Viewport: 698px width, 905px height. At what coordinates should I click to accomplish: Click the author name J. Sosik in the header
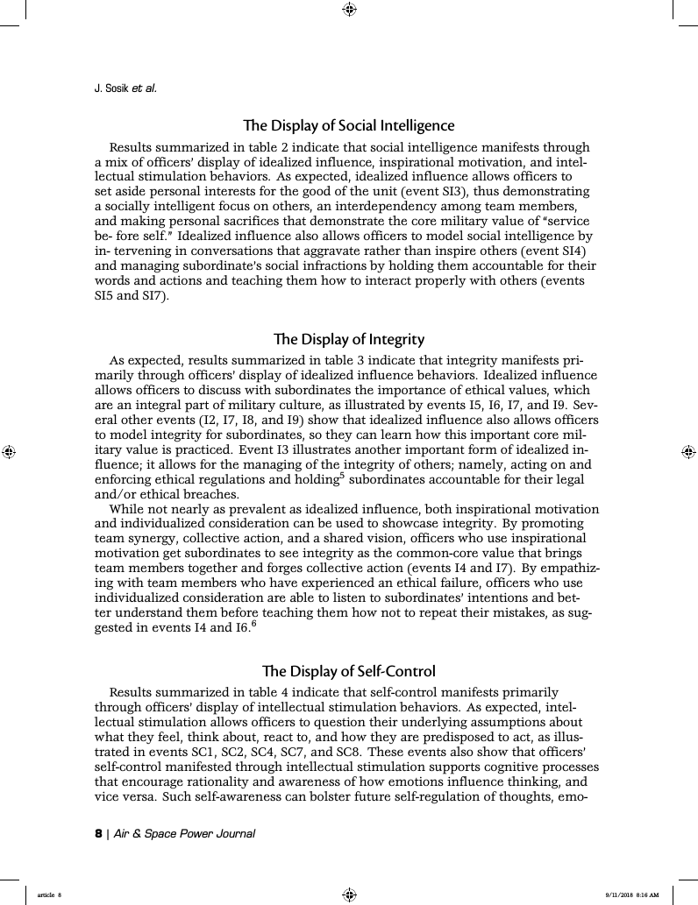(x=110, y=88)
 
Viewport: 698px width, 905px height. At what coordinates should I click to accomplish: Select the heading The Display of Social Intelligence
(x=348, y=125)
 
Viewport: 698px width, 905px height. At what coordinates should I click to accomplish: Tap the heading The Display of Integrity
(x=348, y=338)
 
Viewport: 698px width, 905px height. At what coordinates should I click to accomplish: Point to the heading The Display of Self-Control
(x=348, y=671)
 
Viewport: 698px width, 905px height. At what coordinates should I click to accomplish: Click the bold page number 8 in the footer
(x=98, y=833)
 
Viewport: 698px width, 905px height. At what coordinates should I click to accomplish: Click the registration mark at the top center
(x=349, y=10)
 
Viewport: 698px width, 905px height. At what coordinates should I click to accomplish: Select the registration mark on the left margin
(x=10, y=452)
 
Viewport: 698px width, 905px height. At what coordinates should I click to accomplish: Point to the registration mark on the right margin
(x=688, y=452)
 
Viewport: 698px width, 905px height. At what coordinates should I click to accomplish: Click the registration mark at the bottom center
(x=349, y=894)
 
